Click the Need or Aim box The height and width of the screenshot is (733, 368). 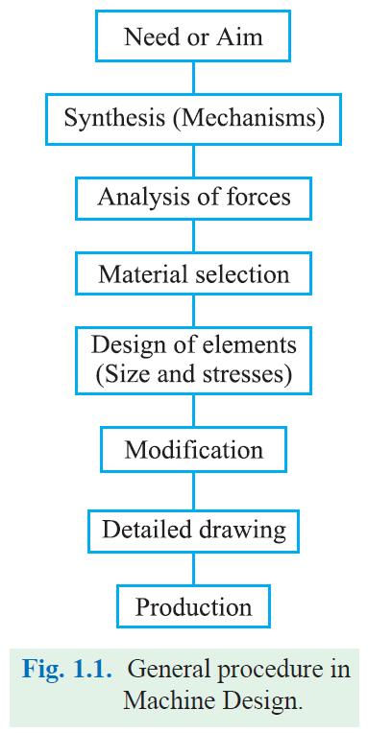(x=193, y=38)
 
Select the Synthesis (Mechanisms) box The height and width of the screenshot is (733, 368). (x=193, y=119)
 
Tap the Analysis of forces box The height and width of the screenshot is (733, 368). (x=193, y=198)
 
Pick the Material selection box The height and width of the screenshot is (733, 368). (x=193, y=274)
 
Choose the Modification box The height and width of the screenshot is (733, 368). (x=193, y=449)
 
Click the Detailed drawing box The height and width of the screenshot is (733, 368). (x=193, y=529)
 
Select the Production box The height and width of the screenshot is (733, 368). (x=193, y=606)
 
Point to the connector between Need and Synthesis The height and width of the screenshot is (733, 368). (x=193, y=79)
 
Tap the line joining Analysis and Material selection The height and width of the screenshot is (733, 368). (x=193, y=236)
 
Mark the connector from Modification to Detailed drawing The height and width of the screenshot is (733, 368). (x=193, y=489)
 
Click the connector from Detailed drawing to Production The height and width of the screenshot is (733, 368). (x=193, y=568)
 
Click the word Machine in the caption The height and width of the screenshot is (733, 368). (x=161, y=700)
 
